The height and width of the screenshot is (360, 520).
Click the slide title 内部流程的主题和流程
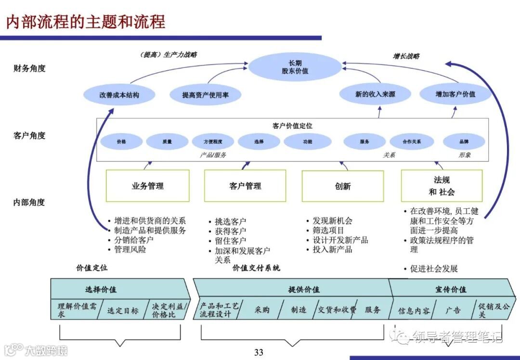click(86, 22)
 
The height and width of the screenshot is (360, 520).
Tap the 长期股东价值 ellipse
click(295, 67)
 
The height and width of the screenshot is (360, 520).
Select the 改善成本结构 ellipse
click(119, 95)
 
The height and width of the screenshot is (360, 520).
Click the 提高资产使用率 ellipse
click(205, 95)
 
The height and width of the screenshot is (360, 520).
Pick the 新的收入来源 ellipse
click(375, 94)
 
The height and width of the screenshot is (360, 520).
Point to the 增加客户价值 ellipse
click(455, 94)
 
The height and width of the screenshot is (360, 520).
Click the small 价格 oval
click(121, 142)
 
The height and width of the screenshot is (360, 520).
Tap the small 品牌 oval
click(464, 142)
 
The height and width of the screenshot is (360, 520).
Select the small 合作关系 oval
click(412, 142)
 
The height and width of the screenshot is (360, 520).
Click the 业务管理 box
click(147, 186)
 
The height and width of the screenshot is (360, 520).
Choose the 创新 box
click(342, 186)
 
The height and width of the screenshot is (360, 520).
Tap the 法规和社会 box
click(442, 186)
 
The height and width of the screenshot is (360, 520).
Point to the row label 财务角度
click(29, 68)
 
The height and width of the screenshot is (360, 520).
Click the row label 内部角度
click(29, 202)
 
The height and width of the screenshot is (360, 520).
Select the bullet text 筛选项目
click(328, 230)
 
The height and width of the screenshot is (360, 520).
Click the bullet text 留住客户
click(230, 240)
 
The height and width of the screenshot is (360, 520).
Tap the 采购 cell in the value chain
click(261, 310)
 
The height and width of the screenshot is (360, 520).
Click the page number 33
click(259, 352)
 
